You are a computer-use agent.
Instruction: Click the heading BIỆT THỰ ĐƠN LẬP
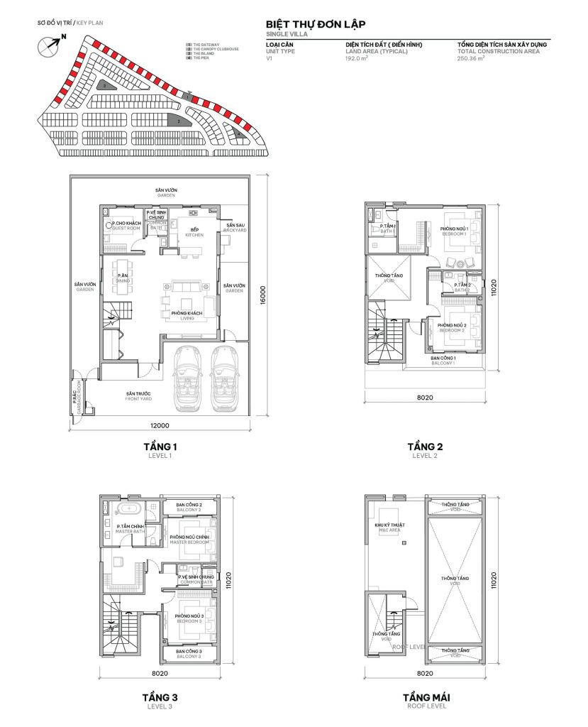pyautogui.click(x=316, y=23)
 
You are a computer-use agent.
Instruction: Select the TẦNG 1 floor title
pyautogui.click(x=160, y=447)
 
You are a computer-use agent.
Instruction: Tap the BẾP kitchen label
pyautogui.click(x=194, y=231)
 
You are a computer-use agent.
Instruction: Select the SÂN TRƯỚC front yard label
pyautogui.click(x=139, y=395)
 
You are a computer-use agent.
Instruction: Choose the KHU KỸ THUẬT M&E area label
pyautogui.click(x=388, y=527)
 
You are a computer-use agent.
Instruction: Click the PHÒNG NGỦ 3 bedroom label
pyautogui.click(x=188, y=617)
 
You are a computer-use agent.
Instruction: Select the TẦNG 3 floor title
pyautogui.click(x=160, y=698)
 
